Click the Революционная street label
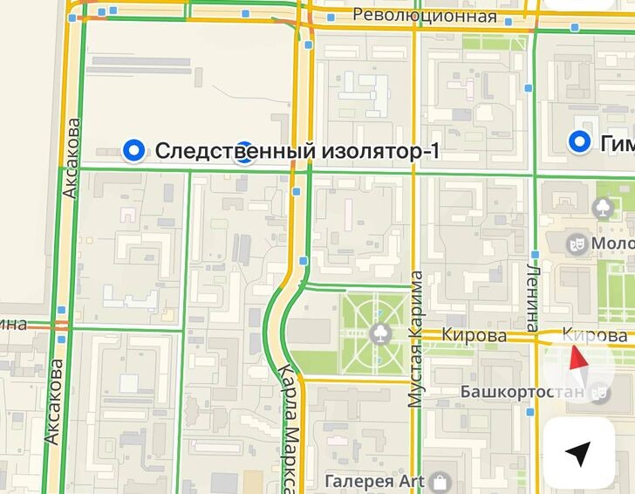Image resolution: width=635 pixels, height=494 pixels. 424,17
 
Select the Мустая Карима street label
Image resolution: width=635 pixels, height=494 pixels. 416,340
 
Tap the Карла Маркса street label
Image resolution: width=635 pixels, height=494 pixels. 290,428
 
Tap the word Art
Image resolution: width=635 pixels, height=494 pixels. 413,480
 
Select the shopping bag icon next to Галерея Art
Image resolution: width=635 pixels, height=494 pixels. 440,481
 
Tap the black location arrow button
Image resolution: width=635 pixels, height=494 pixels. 577,453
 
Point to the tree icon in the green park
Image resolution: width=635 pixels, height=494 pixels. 379,333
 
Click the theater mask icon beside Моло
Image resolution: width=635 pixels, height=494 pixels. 576,242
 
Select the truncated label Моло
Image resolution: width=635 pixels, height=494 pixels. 612,242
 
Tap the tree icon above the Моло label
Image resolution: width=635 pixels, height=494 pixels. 602,208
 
